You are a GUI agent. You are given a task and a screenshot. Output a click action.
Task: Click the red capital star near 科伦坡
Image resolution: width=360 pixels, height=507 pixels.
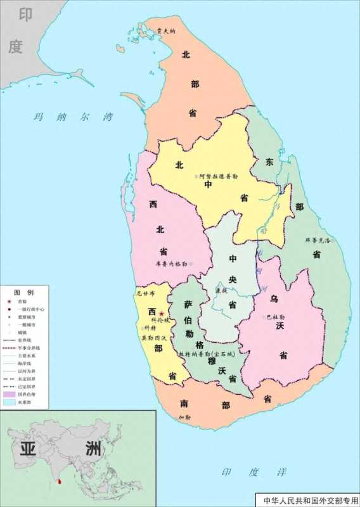(162, 314)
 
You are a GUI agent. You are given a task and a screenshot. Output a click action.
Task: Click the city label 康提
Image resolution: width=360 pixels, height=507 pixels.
(222, 290)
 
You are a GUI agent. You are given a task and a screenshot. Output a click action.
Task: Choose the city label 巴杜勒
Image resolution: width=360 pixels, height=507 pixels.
(276, 316)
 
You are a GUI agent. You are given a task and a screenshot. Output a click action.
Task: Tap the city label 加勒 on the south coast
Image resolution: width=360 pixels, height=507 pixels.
(184, 417)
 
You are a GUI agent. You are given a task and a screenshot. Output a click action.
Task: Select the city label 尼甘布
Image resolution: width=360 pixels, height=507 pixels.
(145, 294)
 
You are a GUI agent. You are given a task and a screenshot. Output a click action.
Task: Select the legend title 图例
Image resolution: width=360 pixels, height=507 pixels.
(25, 292)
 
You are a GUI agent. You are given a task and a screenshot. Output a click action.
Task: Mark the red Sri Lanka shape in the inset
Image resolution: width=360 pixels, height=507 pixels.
(60, 484)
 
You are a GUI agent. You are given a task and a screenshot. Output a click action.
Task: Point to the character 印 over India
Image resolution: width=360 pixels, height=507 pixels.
(25, 14)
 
